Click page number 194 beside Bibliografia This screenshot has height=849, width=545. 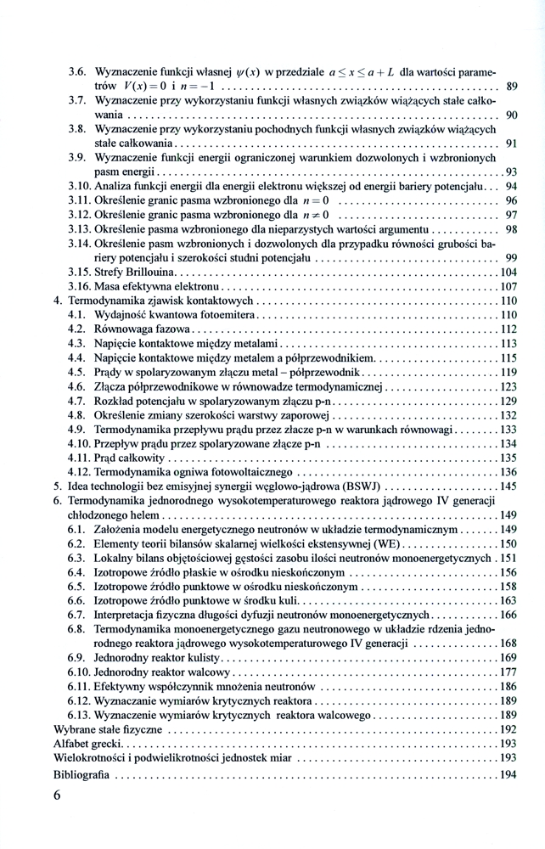point(508,774)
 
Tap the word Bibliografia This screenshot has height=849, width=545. point(81,774)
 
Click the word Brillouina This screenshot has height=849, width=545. point(149,272)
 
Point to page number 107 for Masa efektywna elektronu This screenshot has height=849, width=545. point(508,286)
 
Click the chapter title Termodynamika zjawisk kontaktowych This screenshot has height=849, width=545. point(161,301)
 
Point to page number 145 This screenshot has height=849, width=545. point(508,486)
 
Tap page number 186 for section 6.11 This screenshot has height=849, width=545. point(508,686)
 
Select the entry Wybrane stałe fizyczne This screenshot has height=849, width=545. point(107,728)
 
